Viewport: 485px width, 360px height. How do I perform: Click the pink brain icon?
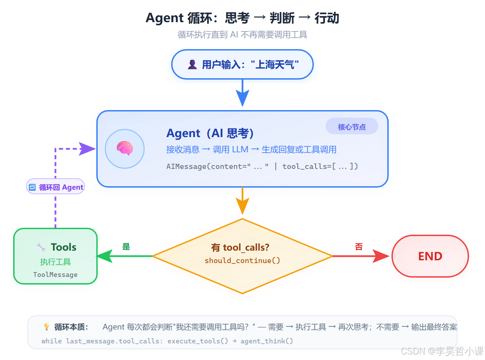point(125,148)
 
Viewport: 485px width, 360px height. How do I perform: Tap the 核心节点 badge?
point(352,127)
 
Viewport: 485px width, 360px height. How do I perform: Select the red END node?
point(430,256)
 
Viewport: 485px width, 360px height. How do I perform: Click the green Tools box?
point(55,256)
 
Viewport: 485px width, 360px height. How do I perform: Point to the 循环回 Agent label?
point(56,187)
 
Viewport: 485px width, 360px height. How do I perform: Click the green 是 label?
point(126,247)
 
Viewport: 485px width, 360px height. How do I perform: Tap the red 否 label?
point(359,247)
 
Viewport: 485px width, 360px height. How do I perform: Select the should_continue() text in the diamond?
point(242,261)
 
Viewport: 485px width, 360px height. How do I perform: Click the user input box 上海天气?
point(242,64)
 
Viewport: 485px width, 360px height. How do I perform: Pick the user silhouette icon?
point(192,64)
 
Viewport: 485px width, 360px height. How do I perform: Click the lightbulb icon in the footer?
point(47,326)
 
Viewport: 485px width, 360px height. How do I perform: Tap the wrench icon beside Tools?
point(41,247)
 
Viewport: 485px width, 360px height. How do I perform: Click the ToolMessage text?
point(55,274)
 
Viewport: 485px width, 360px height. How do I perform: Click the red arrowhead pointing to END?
point(381,256)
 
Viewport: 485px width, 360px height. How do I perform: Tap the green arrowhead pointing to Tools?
point(104,256)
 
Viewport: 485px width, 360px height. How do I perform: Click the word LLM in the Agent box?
point(240,150)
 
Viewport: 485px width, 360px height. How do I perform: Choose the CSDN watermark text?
point(442,351)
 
